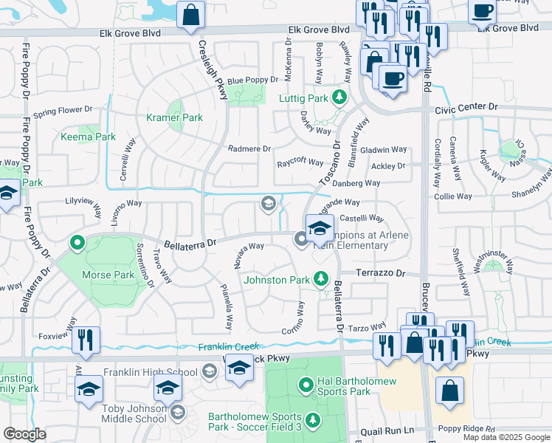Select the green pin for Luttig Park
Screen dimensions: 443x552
(x=339, y=97)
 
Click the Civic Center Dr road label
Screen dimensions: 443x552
(x=466, y=108)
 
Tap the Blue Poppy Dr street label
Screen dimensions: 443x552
(x=252, y=80)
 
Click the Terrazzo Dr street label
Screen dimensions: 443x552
(x=381, y=273)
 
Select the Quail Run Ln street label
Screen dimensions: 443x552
(x=387, y=430)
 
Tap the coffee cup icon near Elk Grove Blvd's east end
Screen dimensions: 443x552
(x=483, y=11)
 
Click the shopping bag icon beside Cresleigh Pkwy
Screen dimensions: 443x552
(x=191, y=15)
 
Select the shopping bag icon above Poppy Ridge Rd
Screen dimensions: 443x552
(x=449, y=391)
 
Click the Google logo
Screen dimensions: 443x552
(x=24, y=434)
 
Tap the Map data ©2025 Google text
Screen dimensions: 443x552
(x=506, y=437)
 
